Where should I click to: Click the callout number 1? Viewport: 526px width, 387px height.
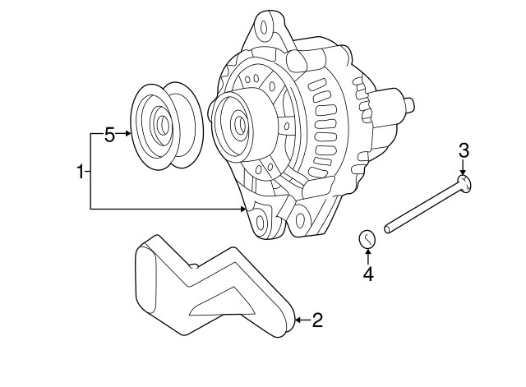click(81, 172)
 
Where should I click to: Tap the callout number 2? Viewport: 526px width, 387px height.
click(316, 320)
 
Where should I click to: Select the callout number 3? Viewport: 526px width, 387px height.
click(464, 150)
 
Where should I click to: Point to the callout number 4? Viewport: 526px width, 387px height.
click(368, 274)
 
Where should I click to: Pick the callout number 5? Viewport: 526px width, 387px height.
click(109, 135)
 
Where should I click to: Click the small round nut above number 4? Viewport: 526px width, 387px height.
click(367, 239)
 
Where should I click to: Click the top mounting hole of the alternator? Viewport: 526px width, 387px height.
click(265, 27)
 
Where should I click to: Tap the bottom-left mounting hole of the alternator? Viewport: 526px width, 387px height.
click(261, 220)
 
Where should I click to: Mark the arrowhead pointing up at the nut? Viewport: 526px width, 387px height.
click(367, 253)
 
